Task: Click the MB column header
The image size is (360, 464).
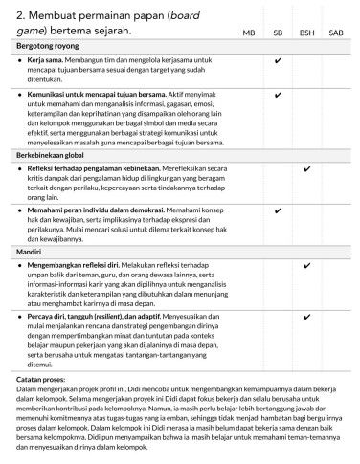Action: (248, 33)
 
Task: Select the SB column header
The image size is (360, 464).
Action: (278, 33)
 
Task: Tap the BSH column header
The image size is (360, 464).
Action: (307, 33)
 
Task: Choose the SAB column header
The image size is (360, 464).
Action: (336, 33)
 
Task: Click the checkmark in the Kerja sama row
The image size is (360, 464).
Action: (278, 59)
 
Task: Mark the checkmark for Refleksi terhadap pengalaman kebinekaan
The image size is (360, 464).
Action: (307, 168)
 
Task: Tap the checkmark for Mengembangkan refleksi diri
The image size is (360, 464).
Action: (307, 265)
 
